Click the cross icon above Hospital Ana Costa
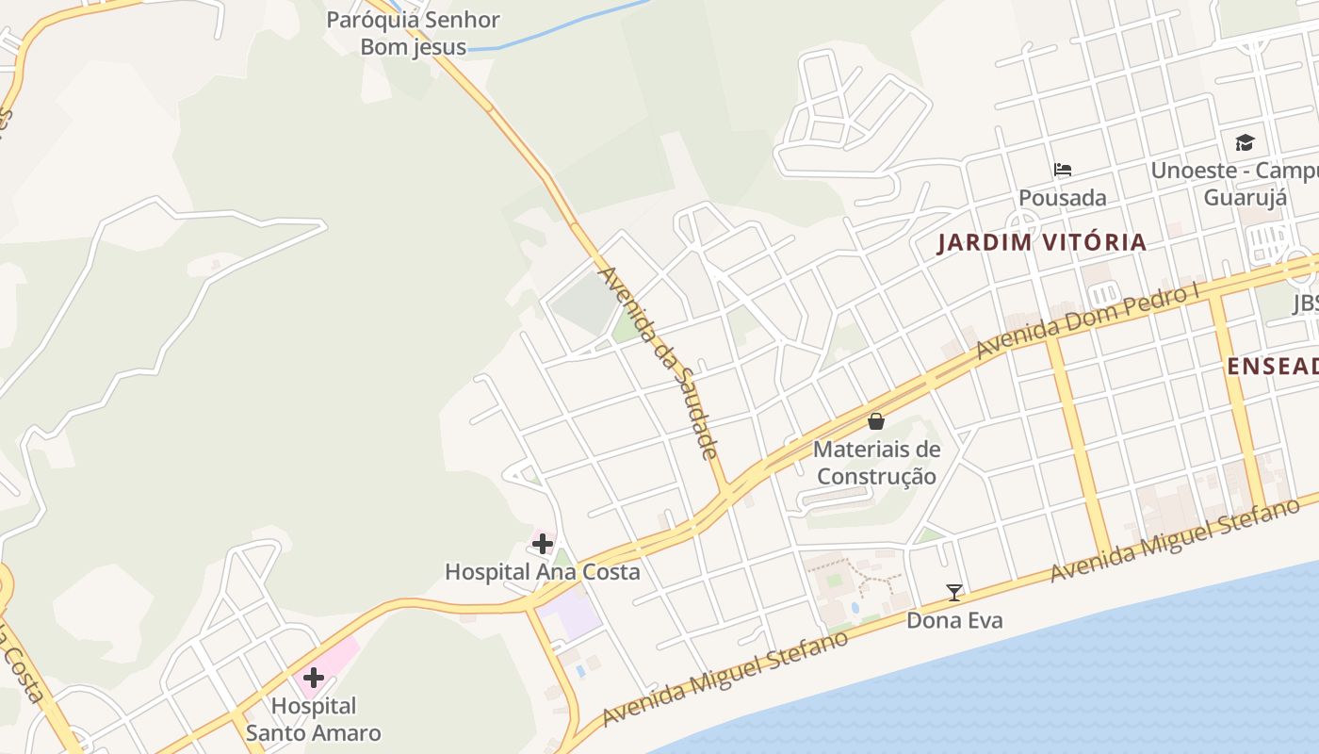[x=543, y=543]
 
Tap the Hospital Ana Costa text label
[x=542, y=572]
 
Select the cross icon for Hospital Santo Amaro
[x=314, y=678]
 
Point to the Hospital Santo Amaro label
[x=314, y=719]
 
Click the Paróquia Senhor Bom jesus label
[x=413, y=33]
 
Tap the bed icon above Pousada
[x=1063, y=170]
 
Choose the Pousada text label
[x=1063, y=198]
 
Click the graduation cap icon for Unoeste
[x=1246, y=143]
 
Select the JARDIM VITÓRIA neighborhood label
[x=1042, y=243]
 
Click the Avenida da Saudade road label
[x=659, y=363]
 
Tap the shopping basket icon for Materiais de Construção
[x=876, y=421]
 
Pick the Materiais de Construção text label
[x=876, y=463]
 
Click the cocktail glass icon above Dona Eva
[x=954, y=593]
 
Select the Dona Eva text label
[x=954, y=620]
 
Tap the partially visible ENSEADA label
[x=1272, y=367]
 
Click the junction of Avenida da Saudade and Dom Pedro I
[x=728, y=490]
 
